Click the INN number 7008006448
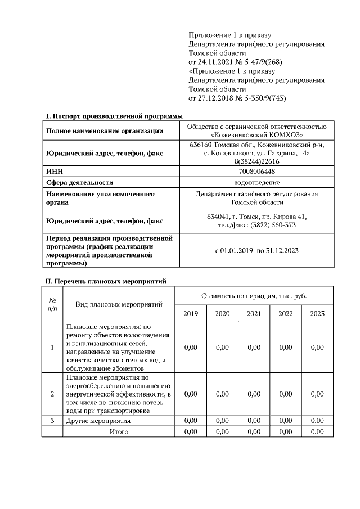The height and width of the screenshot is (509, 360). [x=256, y=172]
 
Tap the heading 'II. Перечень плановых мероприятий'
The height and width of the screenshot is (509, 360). [x=106, y=281]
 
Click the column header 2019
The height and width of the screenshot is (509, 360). [x=191, y=313]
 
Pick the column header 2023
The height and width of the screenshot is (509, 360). [x=317, y=313]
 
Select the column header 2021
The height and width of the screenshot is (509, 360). [x=254, y=313]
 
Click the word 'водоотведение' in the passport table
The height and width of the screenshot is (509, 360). [x=256, y=182]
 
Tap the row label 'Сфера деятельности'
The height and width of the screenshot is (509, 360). [x=80, y=182]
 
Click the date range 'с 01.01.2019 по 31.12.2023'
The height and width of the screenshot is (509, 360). [x=256, y=250]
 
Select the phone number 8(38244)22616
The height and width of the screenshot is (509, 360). [x=256, y=161]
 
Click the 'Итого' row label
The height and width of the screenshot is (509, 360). [x=119, y=431]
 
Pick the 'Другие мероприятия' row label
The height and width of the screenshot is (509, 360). [x=98, y=421]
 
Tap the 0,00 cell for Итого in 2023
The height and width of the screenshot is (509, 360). [x=317, y=431]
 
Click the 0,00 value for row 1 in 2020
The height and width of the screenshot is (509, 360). [x=222, y=348]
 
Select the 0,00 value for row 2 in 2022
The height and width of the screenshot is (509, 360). [x=286, y=394]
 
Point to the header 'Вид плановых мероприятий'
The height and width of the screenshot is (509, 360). [x=119, y=304]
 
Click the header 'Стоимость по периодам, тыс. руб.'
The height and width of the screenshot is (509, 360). [x=254, y=295]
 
